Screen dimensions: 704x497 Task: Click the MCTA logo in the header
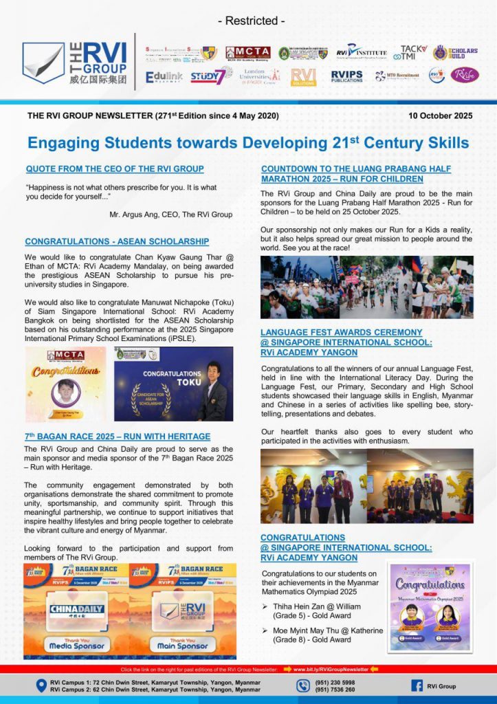(x=247, y=53)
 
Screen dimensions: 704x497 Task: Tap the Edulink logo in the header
(x=164, y=77)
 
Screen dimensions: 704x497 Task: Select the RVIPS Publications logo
(x=346, y=76)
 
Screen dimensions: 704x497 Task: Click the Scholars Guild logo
(x=455, y=53)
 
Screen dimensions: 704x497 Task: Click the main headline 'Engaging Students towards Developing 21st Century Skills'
(x=248, y=142)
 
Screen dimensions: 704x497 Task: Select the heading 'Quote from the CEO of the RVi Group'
(x=114, y=168)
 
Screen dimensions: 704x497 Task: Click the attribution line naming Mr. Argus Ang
(x=170, y=214)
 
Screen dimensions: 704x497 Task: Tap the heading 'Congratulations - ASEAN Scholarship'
(x=117, y=241)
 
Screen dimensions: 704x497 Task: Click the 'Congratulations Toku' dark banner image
(x=173, y=384)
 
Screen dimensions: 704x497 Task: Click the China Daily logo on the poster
(x=76, y=609)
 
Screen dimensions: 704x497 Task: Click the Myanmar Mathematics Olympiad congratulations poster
(x=429, y=607)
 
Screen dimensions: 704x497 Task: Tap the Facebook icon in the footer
(x=417, y=685)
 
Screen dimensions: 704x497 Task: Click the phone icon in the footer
(x=303, y=685)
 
